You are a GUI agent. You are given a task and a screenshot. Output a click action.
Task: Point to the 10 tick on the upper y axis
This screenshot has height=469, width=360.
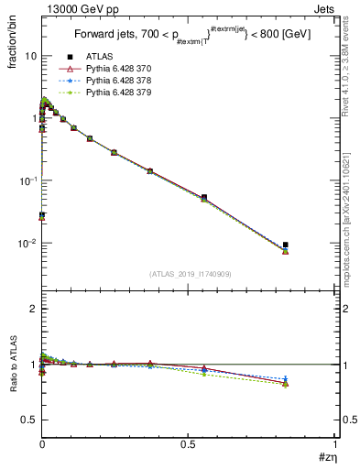coord(30,56)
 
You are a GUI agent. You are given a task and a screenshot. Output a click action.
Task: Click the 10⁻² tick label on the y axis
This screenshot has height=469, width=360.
coord(27,244)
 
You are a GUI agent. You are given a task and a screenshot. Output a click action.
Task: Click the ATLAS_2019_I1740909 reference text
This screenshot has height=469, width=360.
coord(189,274)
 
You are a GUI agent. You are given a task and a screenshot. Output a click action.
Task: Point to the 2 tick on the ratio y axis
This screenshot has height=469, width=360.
coord(33,309)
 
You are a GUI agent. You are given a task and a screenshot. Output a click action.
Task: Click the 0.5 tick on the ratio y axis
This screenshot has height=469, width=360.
coord(28,420)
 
